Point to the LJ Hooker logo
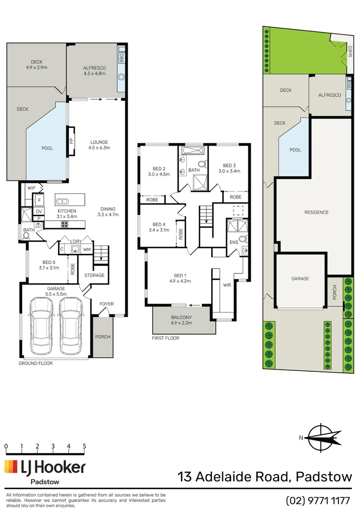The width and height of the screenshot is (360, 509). pyautogui.click(x=45, y=468)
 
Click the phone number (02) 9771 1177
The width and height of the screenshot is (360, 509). pyautogui.click(x=319, y=500)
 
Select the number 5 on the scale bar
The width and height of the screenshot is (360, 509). pyautogui.click(x=84, y=446)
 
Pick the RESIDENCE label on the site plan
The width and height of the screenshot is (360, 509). pyautogui.click(x=316, y=212)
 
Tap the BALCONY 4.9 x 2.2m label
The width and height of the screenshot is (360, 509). pyautogui.click(x=181, y=320)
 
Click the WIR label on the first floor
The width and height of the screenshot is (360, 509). pyautogui.click(x=227, y=285)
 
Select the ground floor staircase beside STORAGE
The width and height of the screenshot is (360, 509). pyautogui.click(x=102, y=255)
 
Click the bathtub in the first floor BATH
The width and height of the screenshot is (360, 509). pyautogui.click(x=192, y=151)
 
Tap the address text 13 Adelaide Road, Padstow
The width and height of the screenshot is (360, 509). pyautogui.click(x=265, y=477)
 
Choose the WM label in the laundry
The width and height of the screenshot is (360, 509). pyautogui.click(x=86, y=249)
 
